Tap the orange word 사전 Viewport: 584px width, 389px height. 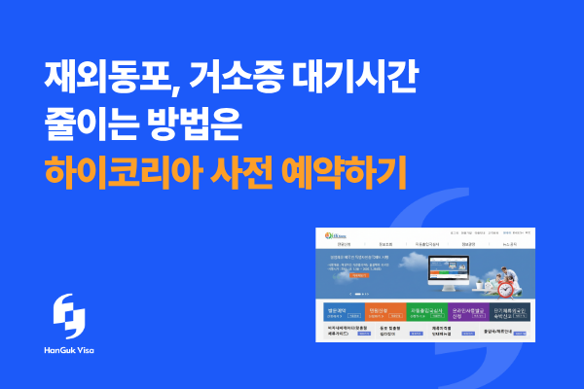(260, 173)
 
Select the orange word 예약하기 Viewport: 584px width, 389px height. (360, 173)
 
